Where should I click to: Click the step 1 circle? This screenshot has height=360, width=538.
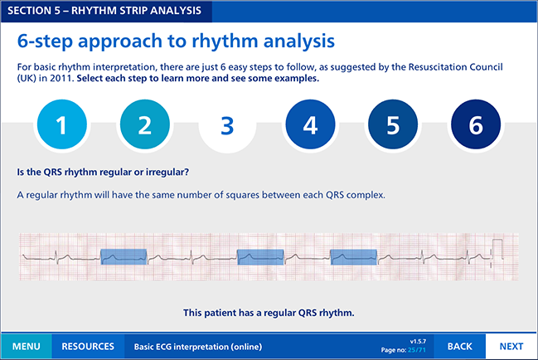pyautogui.click(x=62, y=124)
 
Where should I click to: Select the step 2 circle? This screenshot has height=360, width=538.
pyautogui.click(x=145, y=124)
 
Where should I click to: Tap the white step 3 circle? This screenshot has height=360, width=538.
pyautogui.click(x=227, y=124)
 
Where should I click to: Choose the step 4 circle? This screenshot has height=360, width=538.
pyautogui.click(x=310, y=124)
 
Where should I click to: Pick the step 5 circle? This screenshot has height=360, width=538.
pyautogui.click(x=393, y=124)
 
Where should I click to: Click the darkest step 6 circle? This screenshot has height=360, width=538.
pyautogui.click(x=476, y=124)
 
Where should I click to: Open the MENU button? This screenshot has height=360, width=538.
pyautogui.click(x=27, y=346)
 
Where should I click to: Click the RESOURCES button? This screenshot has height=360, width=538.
pyautogui.click(x=88, y=346)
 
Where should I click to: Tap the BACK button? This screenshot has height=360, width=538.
pyautogui.click(x=460, y=346)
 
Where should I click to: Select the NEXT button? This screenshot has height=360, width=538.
pyautogui.click(x=511, y=346)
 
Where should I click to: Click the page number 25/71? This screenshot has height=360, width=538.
pyautogui.click(x=417, y=350)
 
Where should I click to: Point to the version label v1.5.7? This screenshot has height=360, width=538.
pyautogui.click(x=418, y=342)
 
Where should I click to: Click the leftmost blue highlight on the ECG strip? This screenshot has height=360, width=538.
pyautogui.click(x=124, y=256)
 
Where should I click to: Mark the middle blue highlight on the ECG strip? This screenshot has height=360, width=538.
pyautogui.click(x=261, y=257)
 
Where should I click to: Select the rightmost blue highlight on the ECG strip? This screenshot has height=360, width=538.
pyautogui.click(x=354, y=257)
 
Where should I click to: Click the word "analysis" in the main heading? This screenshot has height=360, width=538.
pyautogui.click(x=299, y=41)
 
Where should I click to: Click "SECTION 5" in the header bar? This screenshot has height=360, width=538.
pyautogui.click(x=34, y=11)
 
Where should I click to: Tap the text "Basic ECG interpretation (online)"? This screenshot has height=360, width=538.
pyautogui.click(x=198, y=347)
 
